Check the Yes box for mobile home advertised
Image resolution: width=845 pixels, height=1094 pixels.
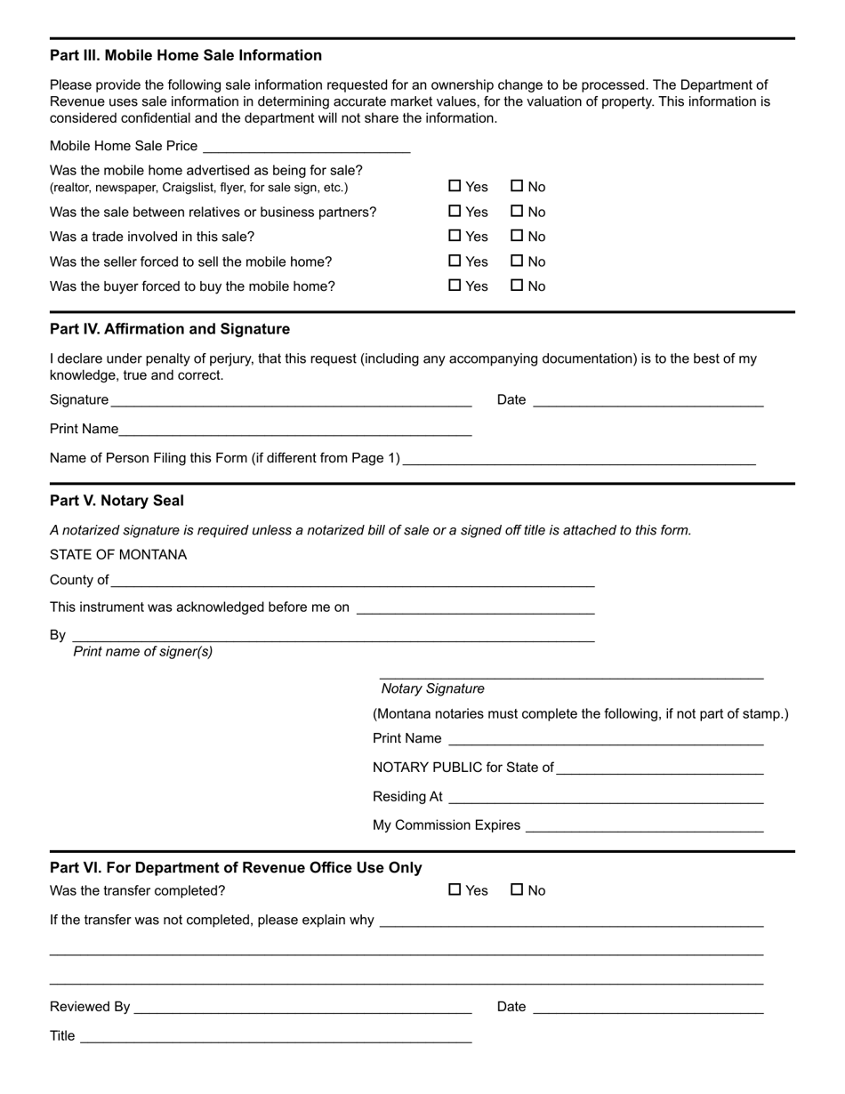455,186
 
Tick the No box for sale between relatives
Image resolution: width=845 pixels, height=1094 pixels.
517,212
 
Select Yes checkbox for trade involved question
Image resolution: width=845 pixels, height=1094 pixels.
455,236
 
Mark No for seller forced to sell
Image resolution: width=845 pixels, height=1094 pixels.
517,261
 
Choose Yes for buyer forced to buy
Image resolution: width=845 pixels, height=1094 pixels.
455,286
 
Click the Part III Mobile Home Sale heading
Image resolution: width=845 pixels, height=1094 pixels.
186,55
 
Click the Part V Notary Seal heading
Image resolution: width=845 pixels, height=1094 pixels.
117,501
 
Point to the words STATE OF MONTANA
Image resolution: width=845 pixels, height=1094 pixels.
118,555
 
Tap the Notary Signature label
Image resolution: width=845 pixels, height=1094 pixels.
432,688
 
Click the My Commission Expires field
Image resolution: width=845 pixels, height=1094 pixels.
644,825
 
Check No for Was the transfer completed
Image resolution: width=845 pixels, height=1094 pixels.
517,890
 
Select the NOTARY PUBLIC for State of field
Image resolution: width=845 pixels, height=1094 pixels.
660,768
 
